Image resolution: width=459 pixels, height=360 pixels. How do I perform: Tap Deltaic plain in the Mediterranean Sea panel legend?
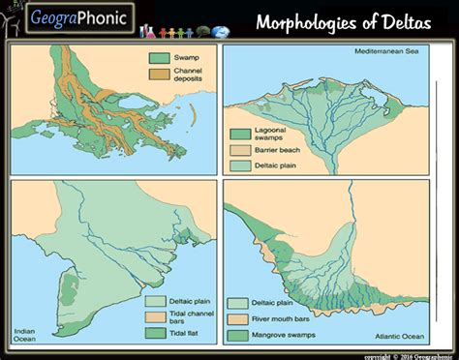click(x=280, y=165)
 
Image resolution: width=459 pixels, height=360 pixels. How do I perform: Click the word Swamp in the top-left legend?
click(x=184, y=59)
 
